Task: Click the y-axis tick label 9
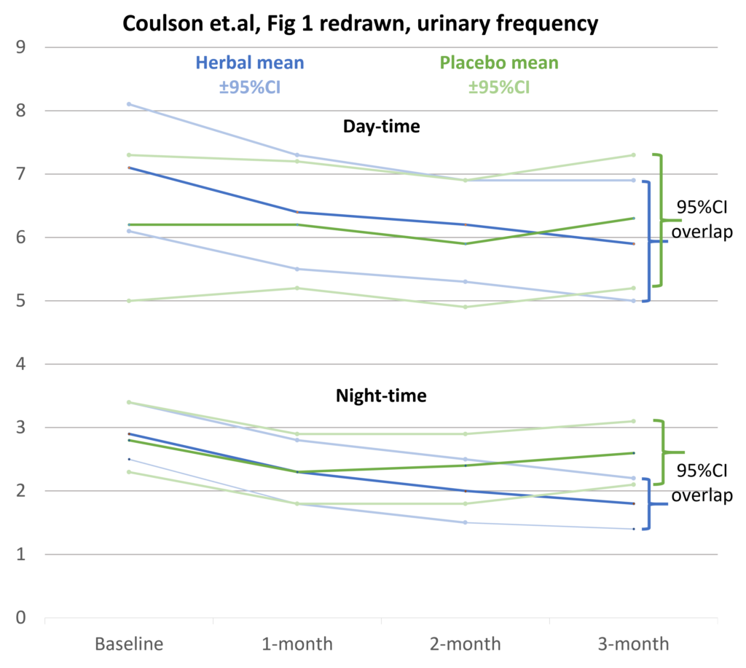coord(20,48)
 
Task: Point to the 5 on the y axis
coord(20,301)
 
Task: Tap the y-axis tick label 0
coord(20,618)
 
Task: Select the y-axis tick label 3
coord(20,428)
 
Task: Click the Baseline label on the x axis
coord(129,644)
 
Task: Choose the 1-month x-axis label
coord(297,644)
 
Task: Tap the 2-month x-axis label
coord(465,644)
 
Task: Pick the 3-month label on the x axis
coord(633,644)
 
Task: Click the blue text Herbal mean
coord(249,63)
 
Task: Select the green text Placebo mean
coord(499,63)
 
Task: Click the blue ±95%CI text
coord(249,87)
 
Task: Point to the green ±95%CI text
coord(499,87)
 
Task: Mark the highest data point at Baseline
coord(129,104)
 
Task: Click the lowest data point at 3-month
coord(633,529)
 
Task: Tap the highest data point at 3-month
coord(633,155)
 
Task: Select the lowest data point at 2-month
coord(465,522)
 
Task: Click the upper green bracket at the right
coord(661,220)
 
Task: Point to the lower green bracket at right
coord(663,452)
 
